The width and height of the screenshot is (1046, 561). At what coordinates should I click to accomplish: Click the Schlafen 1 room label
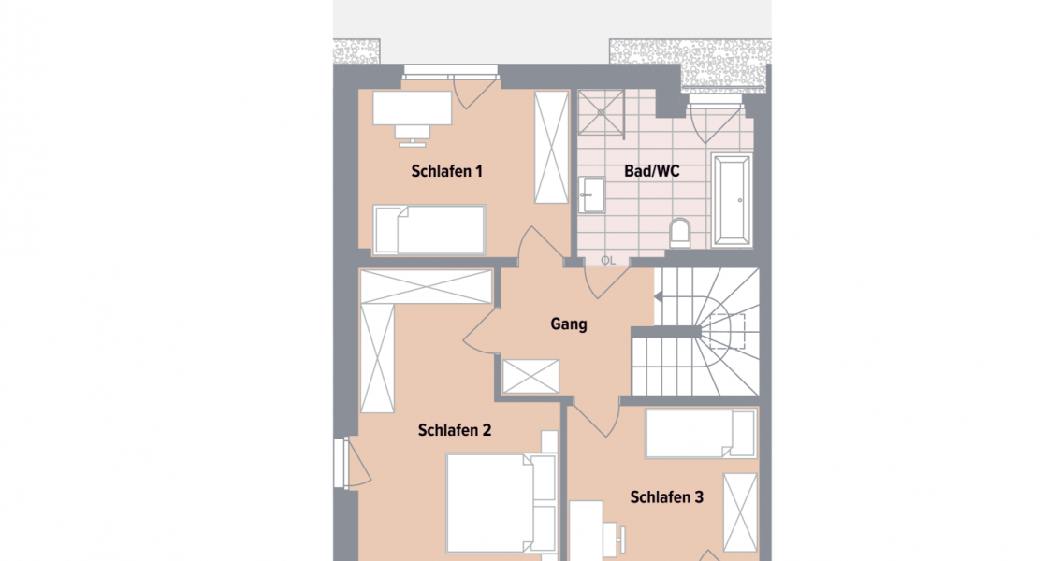446,171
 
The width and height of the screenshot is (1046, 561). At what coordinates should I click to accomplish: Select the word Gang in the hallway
569,324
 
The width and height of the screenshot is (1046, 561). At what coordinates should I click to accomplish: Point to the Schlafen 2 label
454,430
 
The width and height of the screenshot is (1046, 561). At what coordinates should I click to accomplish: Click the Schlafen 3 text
666,496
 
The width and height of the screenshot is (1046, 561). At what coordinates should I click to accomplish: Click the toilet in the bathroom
680,233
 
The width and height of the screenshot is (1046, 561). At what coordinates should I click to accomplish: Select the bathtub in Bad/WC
732,200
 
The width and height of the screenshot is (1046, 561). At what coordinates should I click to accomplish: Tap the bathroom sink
591,195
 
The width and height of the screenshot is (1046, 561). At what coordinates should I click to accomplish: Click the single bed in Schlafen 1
429,229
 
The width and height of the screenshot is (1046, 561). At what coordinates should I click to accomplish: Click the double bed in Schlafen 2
501,503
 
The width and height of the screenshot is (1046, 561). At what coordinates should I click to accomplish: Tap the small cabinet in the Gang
530,377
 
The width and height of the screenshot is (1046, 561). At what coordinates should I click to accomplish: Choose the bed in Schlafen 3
700,434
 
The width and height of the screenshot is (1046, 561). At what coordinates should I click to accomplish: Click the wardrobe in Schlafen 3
741,514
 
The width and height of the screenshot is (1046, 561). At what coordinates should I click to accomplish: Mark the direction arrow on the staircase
657,296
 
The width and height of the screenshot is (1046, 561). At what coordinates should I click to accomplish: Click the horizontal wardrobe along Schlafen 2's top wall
427,286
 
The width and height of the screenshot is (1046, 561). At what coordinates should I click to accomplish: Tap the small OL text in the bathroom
607,260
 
